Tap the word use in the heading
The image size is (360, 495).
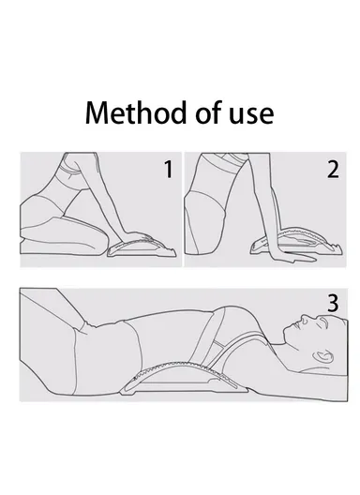tap(251, 115)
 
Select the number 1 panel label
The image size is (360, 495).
tap(169, 169)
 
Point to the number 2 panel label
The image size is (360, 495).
tap(333, 170)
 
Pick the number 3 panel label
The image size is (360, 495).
tap(333, 304)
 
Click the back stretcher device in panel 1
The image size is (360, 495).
tap(142, 247)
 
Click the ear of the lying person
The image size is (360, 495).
tap(323, 356)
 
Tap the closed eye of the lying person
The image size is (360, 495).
tap(323, 322)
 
